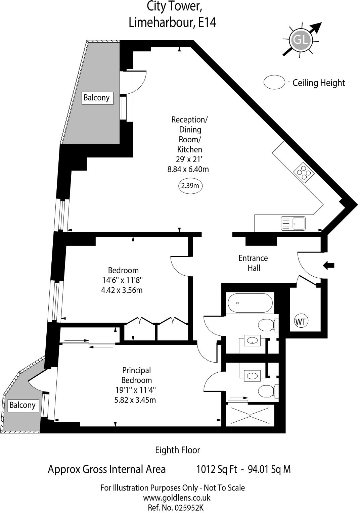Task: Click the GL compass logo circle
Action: click(x=301, y=40)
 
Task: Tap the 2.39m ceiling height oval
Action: click(x=190, y=186)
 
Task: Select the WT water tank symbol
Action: click(x=301, y=322)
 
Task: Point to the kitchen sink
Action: click(x=293, y=224)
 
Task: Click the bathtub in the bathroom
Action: click(x=250, y=303)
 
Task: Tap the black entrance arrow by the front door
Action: click(x=328, y=265)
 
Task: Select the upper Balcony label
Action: click(x=96, y=98)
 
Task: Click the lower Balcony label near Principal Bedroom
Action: click(x=22, y=405)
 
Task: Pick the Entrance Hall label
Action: click(x=253, y=263)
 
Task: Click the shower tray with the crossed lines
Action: click(x=251, y=415)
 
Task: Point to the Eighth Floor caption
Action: click(x=177, y=450)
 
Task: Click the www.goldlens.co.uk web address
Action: click(x=177, y=498)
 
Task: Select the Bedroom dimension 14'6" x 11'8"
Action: click(x=124, y=280)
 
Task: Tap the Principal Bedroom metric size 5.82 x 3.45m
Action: click(x=135, y=400)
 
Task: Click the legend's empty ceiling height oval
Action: click(x=274, y=82)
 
